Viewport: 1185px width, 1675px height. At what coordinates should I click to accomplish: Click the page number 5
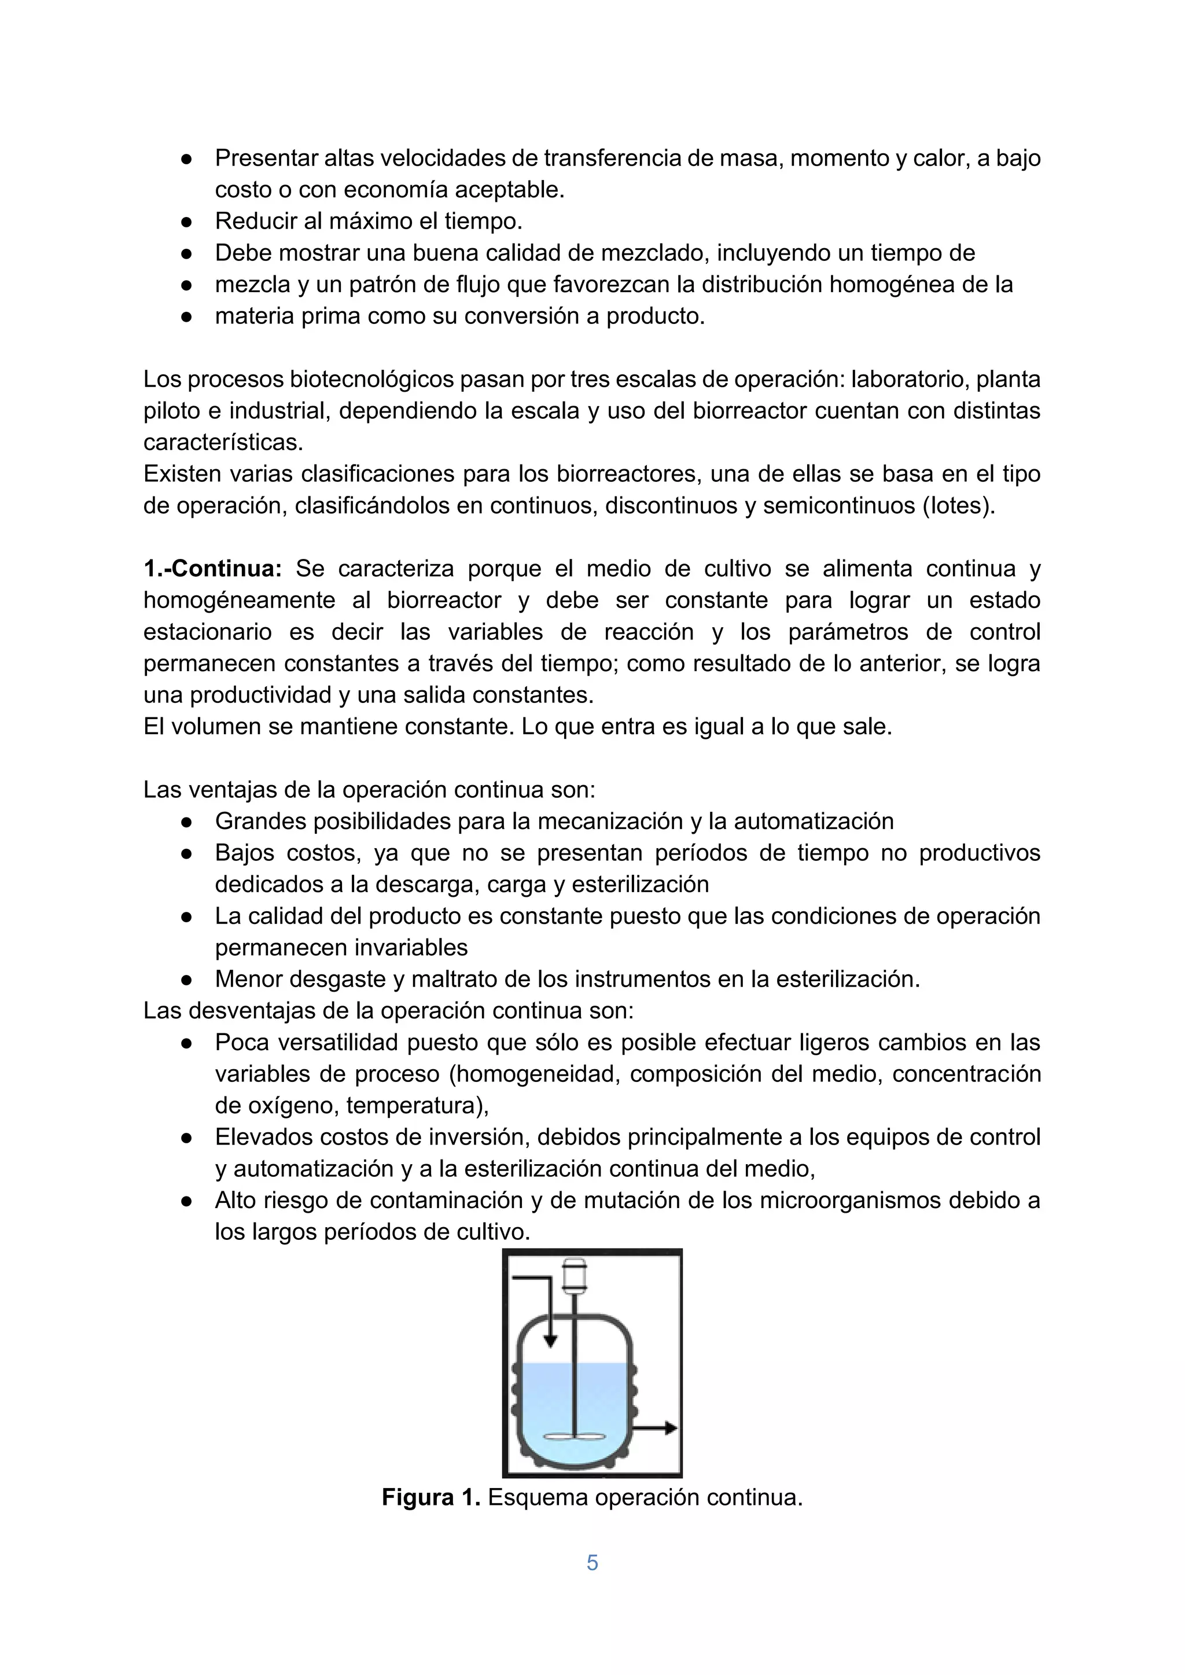click(592, 1563)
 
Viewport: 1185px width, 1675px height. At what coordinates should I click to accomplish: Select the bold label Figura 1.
click(430, 1498)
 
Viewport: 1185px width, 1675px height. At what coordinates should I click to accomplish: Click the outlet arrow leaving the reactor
click(657, 1429)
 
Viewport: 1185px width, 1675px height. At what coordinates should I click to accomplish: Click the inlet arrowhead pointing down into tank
click(551, 1341)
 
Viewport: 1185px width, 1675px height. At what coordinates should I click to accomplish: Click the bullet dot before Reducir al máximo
click(186, 222)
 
